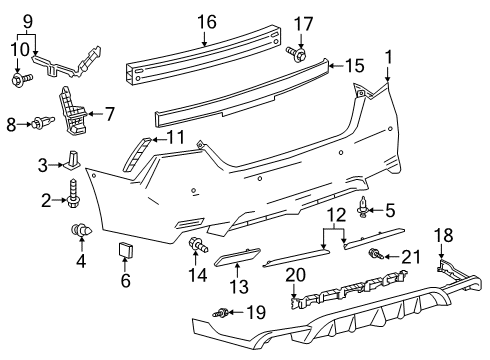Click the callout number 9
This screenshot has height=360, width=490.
pyautogui.click(x=27, y=19)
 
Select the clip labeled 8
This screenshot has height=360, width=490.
pyautogui.click(x=41, y=124)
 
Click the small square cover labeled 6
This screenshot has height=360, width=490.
pyautogui.click(x=127, y=249)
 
